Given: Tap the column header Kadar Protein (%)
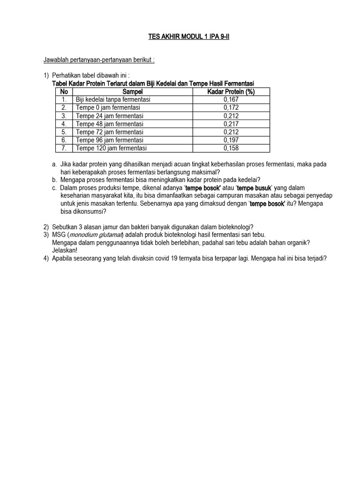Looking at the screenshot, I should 231,91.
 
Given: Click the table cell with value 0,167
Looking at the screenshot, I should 231,99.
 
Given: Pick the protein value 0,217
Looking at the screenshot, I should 231,124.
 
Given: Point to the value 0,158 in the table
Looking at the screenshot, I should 231,148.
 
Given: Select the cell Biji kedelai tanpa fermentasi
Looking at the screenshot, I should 113,99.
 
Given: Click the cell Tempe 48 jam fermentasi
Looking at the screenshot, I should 110,124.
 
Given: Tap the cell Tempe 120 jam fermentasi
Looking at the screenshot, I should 111,148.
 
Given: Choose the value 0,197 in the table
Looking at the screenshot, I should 231,140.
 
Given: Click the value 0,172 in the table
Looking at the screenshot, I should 231,107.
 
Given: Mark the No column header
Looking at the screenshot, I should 64,91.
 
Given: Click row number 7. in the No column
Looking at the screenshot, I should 64,148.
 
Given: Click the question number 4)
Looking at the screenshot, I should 46,258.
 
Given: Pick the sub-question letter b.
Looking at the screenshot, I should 55,180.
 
